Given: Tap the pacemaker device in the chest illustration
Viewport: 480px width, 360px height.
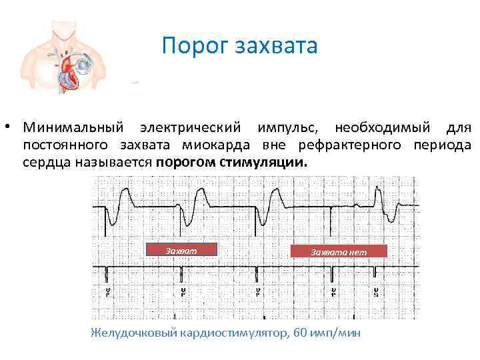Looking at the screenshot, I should coord(84,65).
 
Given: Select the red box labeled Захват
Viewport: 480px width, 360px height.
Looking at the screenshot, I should coord(181,250).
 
